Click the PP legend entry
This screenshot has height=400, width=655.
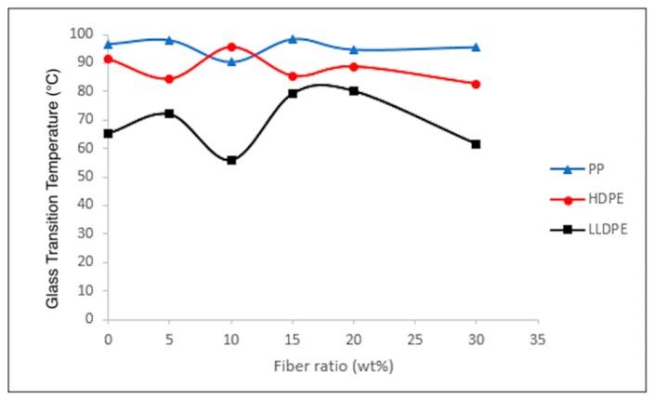click(586, 170)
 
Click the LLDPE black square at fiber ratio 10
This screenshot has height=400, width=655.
click(231, 160)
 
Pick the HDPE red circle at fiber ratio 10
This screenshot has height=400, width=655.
click(231, 47)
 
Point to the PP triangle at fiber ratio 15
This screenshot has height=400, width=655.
click(293, 39)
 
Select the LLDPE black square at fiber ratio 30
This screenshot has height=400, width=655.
click(476, 144)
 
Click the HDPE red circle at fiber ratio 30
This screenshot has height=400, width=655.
click(476, 84)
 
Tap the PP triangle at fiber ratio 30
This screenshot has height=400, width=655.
click(476, 47)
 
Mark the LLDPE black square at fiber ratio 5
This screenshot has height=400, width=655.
click(169, 113)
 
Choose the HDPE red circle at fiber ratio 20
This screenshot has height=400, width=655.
click(354, 66)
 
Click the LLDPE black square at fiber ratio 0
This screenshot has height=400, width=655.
click(109, 133)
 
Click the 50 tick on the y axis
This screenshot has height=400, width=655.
click(90, 177)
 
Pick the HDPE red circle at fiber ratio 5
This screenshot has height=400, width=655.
click(169, 79)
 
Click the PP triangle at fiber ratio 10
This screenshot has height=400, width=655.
click(231, 61)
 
